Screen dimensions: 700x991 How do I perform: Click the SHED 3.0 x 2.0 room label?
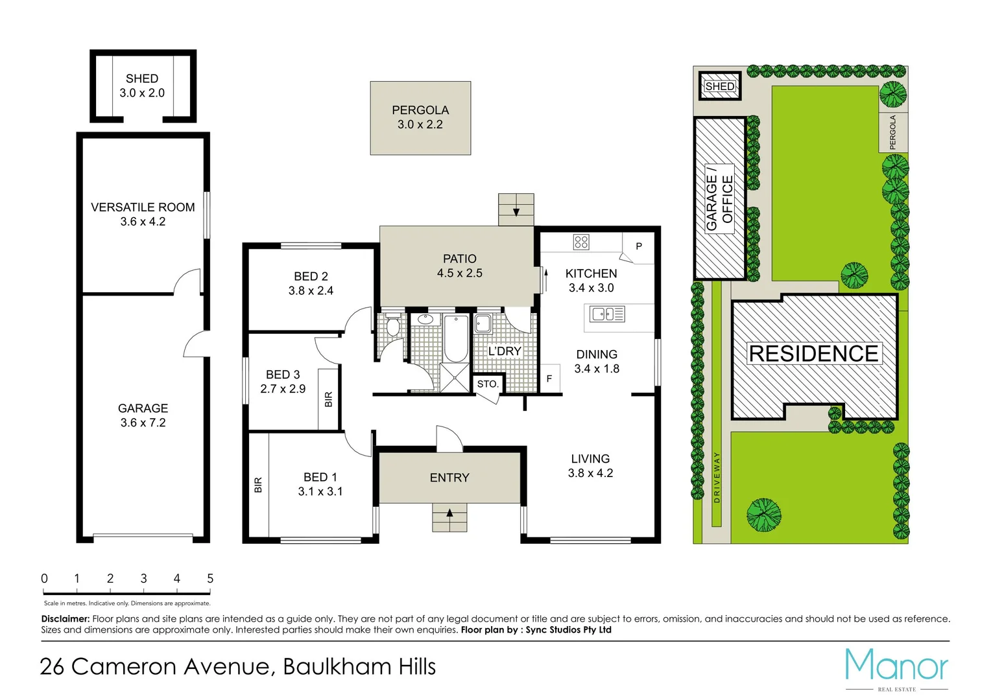142,86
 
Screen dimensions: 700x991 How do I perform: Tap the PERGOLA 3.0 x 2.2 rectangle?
420,118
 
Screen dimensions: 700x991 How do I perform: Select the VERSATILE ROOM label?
143,207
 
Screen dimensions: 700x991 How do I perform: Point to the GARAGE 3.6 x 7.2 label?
143,415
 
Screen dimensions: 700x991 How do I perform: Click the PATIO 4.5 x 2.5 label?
459,266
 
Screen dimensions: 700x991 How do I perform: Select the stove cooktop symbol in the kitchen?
581,242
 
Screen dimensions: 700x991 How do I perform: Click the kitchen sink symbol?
607,314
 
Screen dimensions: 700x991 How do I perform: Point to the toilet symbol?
392,325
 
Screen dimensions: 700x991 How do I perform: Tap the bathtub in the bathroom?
456,338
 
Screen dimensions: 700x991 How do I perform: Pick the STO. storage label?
488,384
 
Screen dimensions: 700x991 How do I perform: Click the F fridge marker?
549,379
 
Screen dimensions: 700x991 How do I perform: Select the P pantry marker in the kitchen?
639,246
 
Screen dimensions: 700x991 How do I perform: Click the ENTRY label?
449,478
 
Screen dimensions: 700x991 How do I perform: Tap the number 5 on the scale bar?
210,578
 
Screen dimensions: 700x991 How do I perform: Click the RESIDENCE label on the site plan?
813,354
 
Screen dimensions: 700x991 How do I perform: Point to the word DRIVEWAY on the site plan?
717,478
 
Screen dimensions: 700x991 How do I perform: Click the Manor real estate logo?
896,666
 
